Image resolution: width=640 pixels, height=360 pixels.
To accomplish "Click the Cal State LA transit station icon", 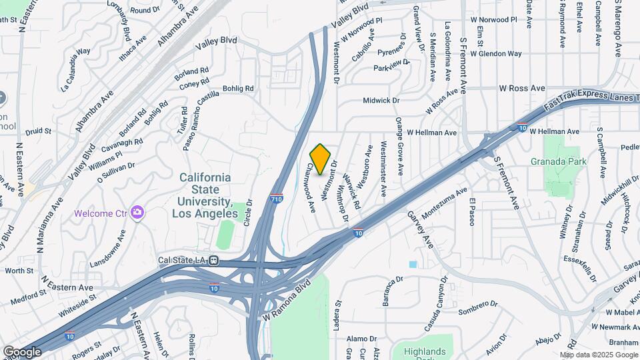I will click(x=214, y=261).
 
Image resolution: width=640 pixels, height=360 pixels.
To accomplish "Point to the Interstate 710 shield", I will click(x=276, y=199).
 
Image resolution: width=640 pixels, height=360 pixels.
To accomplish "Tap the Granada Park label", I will click(x=558, y=161).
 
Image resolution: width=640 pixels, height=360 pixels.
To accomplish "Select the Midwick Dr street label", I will click(x=381, y=101).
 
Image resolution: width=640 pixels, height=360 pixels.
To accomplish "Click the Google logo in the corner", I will click(x=22, y=351).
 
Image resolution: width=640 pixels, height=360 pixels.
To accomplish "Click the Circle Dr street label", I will click(x=248, y=213).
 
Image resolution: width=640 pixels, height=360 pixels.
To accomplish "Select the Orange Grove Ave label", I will click(x=399, y=145).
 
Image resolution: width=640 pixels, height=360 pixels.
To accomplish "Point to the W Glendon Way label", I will click(x=495, y=53).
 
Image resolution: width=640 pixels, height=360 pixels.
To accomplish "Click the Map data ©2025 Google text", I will click(x=598, y=355).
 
